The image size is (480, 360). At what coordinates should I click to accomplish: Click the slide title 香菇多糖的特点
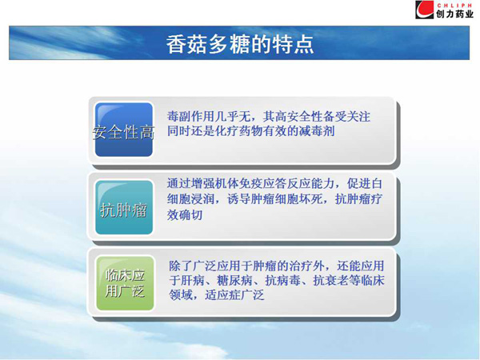pos(240,45)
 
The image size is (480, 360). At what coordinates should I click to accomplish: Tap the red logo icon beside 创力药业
pos(424,10)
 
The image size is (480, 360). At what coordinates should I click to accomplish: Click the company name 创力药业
pos(454,14)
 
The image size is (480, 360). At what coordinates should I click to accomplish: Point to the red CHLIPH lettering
pos(454,6)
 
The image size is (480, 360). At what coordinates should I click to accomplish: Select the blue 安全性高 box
pos(124,130)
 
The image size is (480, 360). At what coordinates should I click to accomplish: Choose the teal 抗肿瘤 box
pos(124,207)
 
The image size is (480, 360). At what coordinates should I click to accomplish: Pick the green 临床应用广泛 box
pos(125,283)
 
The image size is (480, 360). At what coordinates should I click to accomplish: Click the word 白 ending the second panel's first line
pos(376,183)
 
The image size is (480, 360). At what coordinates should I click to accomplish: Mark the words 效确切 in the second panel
pos(185,214)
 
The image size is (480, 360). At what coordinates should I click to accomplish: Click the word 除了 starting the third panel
pos(181,266)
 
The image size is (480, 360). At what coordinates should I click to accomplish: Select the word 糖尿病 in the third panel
pos(234,281)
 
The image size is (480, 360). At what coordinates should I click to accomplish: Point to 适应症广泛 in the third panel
pos(234,295)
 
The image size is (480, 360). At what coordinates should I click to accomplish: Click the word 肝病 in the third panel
pos(193,281)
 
